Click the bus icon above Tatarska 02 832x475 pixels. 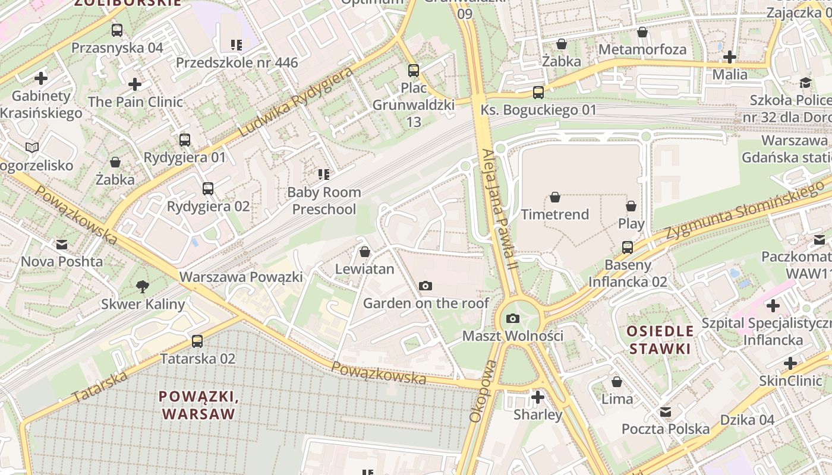pyautogui.click(x=197, y=341)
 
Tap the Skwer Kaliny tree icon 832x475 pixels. pyautogui.click(x=142, y=287)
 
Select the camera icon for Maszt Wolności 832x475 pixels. pyautogui.click(x=513, y=319)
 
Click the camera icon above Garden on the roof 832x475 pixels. pyautogui.click(x=425, y=286)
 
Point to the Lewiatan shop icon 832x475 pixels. pyautogui.click(x=365, y=252)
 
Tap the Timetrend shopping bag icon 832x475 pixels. pyautogui.click(x=555, y=197)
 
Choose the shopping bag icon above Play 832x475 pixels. pyautogui.click(x=631, y=206)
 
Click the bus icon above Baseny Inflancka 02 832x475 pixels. pyautogui.click(x=628, y=247)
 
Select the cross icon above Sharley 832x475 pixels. pyautogui.click(x=538, y=397)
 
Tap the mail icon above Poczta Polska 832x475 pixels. pyautogui.click(x=666, y=411)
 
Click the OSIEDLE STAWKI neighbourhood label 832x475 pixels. pyautogui.click(x=660, y=340)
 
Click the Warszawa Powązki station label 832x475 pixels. pyautogui.click(x=241, y=277)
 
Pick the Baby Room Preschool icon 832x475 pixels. pyautogui.click(x=324, y=175)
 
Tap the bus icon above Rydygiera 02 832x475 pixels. pyautogui.click(x=208, y=189)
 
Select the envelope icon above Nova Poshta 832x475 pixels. pyautogui.click(x=62, y=245)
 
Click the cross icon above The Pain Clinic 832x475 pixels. pyautogui.click(x=135, y=84)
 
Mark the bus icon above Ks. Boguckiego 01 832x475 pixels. pyautogui.click(x=538, y=93)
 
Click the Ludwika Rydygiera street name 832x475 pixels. pyautogui.click(x=295, y=102)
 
